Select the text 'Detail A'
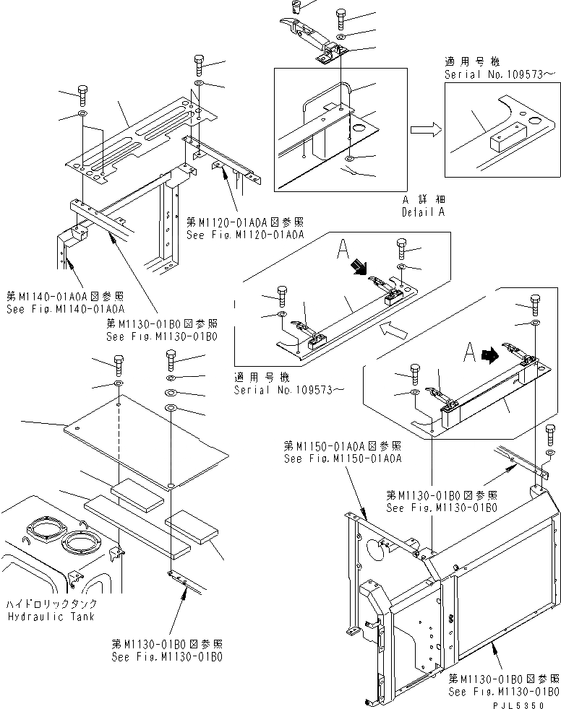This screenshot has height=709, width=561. [x=424, y=212]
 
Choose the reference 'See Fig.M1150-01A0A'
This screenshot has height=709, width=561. [x=343, y=458]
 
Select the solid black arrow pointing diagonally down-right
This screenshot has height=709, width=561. [x=356, y=269]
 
